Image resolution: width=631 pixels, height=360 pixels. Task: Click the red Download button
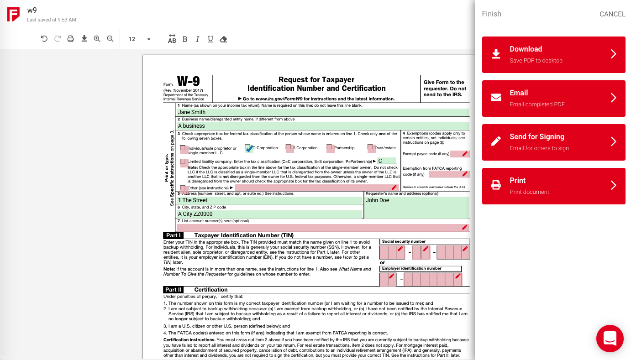click(553, 54)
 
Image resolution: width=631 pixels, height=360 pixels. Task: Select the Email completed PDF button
click(553, 98)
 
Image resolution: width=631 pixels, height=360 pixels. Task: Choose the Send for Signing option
click(553, 142)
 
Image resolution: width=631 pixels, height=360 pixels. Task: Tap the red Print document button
click(553, 186)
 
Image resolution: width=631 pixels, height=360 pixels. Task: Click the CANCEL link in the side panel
click(612, 14)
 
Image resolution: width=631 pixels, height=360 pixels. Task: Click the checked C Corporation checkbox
click(248, 148)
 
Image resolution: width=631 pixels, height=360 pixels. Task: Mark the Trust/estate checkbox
click(371, 148)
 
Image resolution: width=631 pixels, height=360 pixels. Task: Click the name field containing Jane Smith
click(323, 112)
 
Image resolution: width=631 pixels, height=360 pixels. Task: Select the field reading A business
click(323, 126)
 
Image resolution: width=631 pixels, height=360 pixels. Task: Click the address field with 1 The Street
click(269, 200)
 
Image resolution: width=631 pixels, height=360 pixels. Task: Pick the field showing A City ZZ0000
click(269, 214)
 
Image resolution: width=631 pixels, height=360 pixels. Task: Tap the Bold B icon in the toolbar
click(185, 39)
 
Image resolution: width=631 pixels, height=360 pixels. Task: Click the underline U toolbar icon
click(210, 39)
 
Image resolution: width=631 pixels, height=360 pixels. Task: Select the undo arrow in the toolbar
click(44, 39)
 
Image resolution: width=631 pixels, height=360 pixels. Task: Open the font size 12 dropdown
click(140, 39)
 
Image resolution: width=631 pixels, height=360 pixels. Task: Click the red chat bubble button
click(610, 338)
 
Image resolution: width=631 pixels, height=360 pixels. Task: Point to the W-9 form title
click(188, 82)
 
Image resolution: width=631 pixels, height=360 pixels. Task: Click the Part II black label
click(174, 290)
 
